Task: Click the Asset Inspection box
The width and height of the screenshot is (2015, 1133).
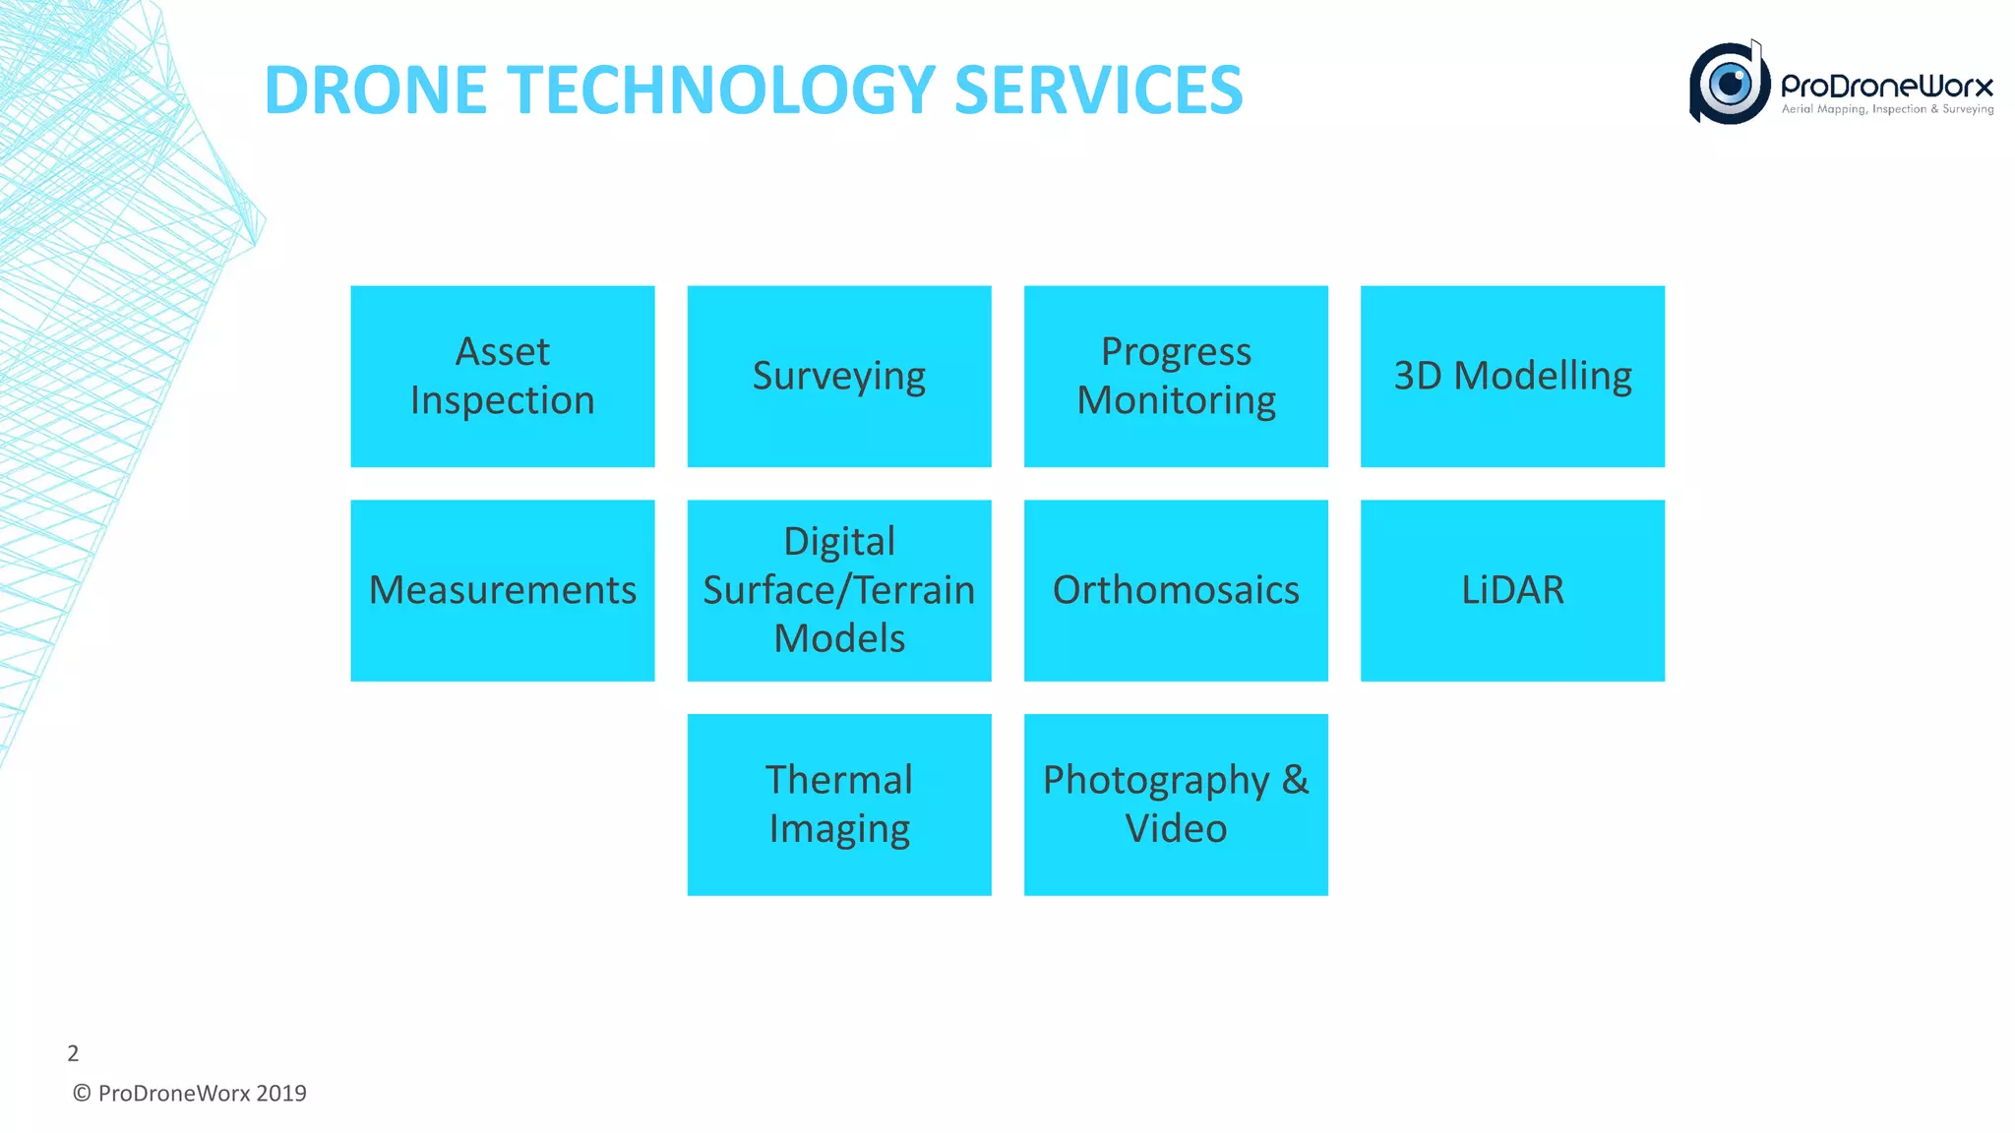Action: pyautogui.click(x=502, y=376)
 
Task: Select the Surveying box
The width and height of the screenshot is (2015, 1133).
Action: pyautogui.click(x=838, y=376)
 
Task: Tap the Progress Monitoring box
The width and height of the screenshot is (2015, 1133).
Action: pyautogui.click(x=1176, y=376)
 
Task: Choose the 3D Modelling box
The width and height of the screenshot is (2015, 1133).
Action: pyautogui.click(x=1512, y=376)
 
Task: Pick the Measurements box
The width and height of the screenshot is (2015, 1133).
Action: pyautogui.click(x=502, y=590)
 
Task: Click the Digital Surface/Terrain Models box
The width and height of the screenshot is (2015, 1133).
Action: pyautogui.click(x=838, y=590)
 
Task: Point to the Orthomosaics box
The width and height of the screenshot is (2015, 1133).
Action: pyautogui.click(x=1176, y=590)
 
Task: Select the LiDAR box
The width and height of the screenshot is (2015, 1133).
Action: pyautogui.click(x=1512, y=590)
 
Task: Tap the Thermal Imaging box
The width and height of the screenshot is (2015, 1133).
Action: pyautogui.click(x=838, y=805)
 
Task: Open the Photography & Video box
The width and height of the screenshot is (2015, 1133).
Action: pyautogui.click(x=1176, y=805)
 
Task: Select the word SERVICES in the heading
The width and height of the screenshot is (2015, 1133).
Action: pyautogui.click(x=1098, y=90)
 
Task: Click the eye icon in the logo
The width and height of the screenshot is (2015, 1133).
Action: pyautogui.click(x=1730, y=84)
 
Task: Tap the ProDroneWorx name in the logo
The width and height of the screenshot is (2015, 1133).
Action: pyautogui.click(x=1887, y=87)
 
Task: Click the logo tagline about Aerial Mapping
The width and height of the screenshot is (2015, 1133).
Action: pyautogui.click(x=1887, y=109)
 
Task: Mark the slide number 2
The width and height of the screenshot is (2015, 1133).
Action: pyautogui.click(x=73, y=1053)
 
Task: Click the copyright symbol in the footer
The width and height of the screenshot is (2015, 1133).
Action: pyautogui.click(x=82, y=1094)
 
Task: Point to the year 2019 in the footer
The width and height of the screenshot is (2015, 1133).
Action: pyautogui.click(x=281, y=1094)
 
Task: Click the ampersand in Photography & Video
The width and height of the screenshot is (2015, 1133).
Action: pyautogui.click(x=1295, y=780)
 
